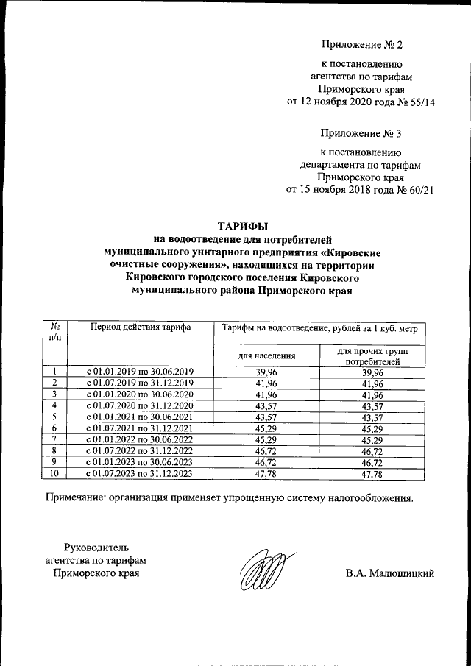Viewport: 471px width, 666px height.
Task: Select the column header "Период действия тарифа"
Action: pyautogui.click(x=140, y=327)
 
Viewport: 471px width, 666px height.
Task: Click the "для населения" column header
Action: pyautogui.click(x=267, y=355)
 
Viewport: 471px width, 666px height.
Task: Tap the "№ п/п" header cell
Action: pyautogui.click(x=55, y=332)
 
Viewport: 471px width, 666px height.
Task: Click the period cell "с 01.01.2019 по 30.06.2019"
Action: pyautogui.click(x=140, y=372)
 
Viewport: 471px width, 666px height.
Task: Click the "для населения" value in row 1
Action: pyautogui.click(x=267, y=372)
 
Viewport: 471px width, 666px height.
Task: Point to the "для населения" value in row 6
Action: pyautogui.click(x=267, y=428)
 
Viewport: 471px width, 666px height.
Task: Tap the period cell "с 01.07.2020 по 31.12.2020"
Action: pyautogui.click(x=140, y=405)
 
